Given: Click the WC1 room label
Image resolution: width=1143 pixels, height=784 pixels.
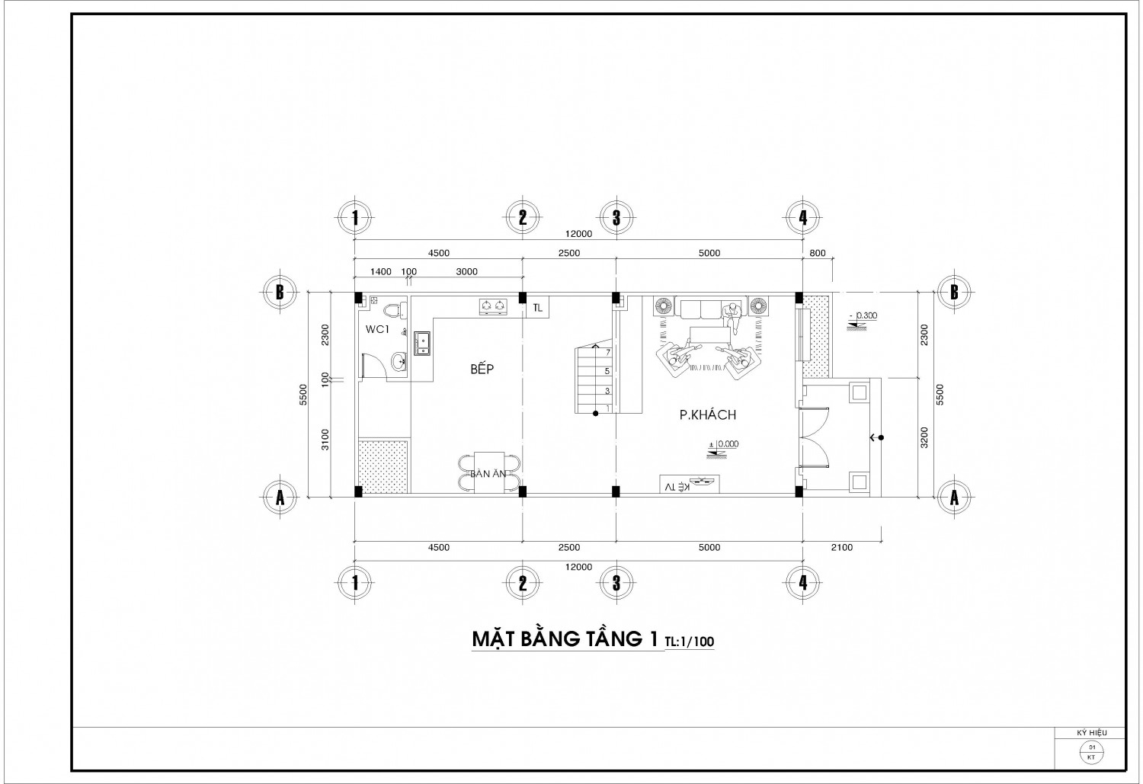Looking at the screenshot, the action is (377, 329).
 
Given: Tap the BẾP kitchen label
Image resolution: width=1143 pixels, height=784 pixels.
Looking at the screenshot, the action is (482, 368).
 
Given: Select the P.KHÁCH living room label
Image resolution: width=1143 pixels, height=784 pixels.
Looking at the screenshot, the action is (708, 414).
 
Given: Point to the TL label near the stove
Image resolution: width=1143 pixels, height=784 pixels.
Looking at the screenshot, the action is (537, 308).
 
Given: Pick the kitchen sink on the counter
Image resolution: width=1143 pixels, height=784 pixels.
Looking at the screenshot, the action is (422, 344).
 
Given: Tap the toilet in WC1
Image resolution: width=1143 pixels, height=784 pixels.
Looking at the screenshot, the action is (395, 309).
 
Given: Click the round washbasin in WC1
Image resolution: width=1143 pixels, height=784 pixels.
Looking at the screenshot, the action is (399, 363).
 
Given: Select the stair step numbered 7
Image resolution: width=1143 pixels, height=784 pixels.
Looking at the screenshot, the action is (608, 353).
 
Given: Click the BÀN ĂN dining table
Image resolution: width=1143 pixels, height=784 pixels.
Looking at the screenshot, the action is (489, 472).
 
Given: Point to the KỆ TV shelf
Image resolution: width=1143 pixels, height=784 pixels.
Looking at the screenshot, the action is (690, 484).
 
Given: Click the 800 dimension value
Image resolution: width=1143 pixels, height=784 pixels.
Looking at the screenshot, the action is (818, 253).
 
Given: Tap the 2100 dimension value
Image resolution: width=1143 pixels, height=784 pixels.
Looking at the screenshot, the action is (842, 547).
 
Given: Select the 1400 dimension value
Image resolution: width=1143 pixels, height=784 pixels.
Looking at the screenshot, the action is (381, 272).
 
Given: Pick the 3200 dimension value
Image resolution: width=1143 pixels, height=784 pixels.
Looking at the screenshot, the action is (924, 437).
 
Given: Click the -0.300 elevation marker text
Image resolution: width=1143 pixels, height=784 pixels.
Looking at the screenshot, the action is (863, 315).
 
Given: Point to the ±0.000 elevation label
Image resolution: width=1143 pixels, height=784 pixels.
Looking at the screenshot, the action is (724, 444).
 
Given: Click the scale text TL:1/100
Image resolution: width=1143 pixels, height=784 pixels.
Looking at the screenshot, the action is (690, 642).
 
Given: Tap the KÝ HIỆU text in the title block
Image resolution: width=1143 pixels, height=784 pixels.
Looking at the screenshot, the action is (1092, 733).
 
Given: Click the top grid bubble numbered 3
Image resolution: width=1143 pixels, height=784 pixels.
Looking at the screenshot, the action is (616, 218).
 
